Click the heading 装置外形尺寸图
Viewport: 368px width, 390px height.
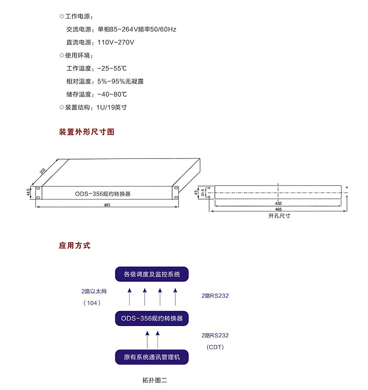tap(87, 132)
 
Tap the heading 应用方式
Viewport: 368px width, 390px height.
tap(75, 246)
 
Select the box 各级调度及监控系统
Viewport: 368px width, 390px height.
tap(152, 274)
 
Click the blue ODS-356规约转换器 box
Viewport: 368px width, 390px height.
tap(152, 318)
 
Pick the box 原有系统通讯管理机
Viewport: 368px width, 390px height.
tap(152, 357)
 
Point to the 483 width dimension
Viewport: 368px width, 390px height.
tap(107, 205)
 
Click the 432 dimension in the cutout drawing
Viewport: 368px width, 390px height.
tap(278, 203)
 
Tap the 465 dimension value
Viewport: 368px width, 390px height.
tap(278, 209)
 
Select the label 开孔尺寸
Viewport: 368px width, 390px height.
tap(279, 216)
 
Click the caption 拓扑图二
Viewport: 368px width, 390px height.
tap(155, 380)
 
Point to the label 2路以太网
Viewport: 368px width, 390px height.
tap(94, 291)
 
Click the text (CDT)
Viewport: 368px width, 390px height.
tap(215, 347)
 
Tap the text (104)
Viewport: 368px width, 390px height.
tap(92, 303)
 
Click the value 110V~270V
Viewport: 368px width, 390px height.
tap(116, 42)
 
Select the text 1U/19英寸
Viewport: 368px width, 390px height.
tap(111, 107)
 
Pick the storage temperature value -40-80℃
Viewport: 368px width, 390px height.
tap(112, 94)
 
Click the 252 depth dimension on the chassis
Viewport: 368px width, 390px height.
tap(42, 171)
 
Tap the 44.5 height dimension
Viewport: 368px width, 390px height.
tap(28, 192)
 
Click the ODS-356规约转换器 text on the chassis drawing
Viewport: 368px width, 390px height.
tap(103, 194)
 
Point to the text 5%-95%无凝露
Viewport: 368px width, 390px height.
tap(120, 82)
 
